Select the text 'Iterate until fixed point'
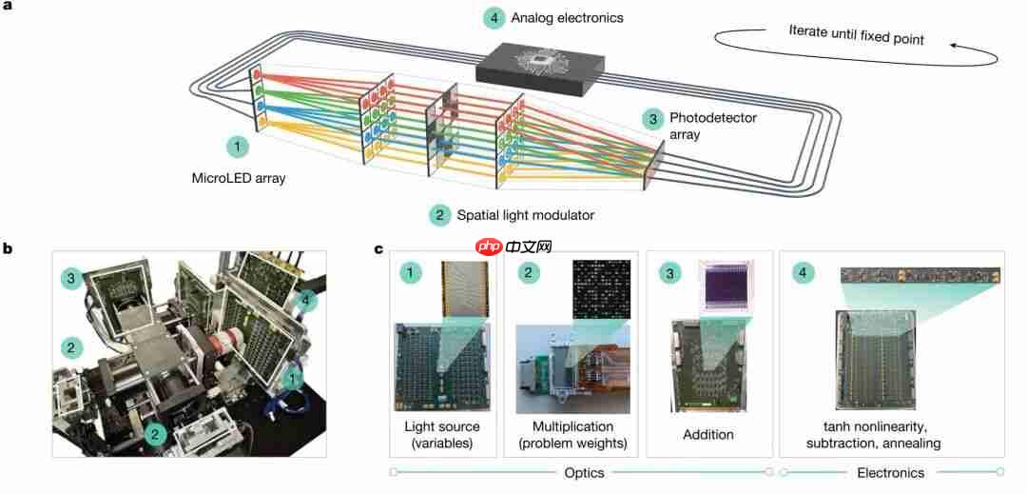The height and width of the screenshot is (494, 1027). (856, 34)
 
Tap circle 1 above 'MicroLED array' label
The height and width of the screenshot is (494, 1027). (237, 148)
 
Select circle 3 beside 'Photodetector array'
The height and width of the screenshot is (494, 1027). (652, 119)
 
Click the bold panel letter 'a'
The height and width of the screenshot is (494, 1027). (8, 7)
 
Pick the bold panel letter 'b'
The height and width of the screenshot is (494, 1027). (8, 248)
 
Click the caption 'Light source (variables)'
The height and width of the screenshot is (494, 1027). (442, 434)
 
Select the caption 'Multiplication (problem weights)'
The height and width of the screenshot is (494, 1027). (572, 434)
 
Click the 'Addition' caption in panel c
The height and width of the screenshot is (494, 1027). (707, 434)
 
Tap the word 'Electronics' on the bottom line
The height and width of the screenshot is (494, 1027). (890, 472)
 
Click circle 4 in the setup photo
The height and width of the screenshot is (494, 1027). (304, 303)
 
